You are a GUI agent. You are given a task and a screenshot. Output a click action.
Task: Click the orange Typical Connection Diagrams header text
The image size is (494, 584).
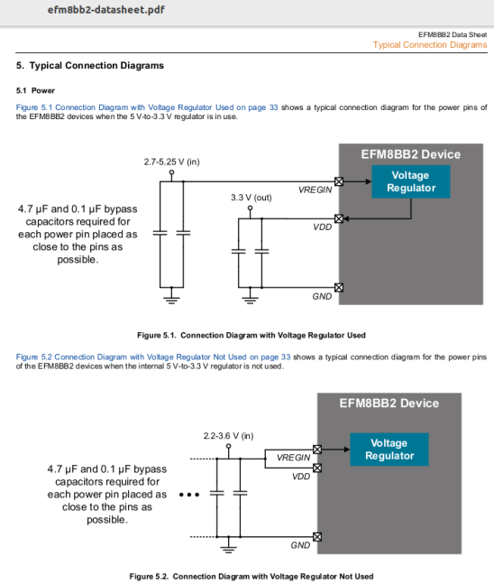tap(429, 45)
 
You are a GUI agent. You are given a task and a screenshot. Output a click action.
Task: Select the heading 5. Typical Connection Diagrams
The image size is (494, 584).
tap(90, 66)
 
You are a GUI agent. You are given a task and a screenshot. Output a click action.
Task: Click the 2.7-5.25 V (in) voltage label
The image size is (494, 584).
tap(171, 162)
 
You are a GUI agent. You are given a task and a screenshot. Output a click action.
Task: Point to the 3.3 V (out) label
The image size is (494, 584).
tap(251, 197)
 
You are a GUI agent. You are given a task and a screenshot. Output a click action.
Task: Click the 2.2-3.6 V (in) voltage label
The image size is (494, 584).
tap(228, 437)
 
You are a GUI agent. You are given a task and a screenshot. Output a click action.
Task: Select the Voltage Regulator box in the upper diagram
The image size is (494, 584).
tap(411, 181)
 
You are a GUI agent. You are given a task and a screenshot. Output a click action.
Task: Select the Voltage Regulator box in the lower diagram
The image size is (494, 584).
tap(389, 449)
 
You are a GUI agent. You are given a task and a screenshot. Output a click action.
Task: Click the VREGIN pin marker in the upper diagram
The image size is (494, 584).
tap(339, 181)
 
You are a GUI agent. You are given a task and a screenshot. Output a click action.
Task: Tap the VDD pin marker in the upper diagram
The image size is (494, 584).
tap(339, 218)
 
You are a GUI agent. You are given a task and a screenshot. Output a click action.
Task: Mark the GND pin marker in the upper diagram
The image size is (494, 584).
tap(339, 288)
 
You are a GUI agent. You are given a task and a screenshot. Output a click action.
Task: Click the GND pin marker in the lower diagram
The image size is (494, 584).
tap(317, 538)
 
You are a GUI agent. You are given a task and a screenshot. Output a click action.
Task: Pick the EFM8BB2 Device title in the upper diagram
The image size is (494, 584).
tap(410, 154)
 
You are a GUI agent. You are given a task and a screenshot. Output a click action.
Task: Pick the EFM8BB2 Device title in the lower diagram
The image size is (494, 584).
tap(389, 403)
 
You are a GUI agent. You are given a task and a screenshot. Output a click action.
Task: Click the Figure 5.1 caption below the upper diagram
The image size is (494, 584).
tap(251, 335)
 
